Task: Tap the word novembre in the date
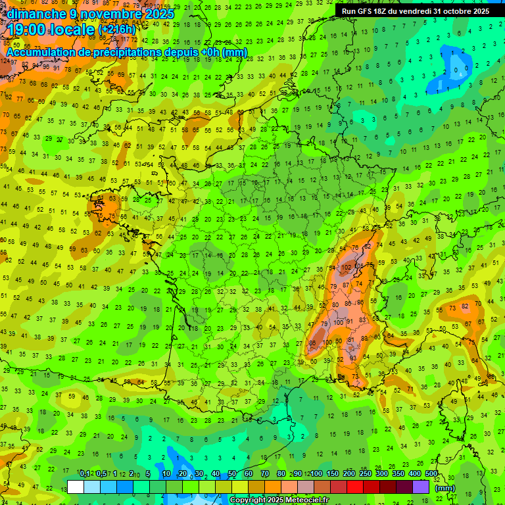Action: (x=101, y=14)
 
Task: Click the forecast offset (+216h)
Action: (x=116, y=30)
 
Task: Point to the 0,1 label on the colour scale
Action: (x=84, y=474)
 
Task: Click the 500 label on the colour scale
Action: (x=431, y=474)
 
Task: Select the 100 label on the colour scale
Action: (x=316, y=474)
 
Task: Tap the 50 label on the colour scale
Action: (x=232, y=474)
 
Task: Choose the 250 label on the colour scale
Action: (x=365, y=474)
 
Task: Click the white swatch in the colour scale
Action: (x=76, y=487)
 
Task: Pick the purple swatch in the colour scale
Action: (x=421, y=487)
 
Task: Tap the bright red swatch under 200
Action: (x=355, y=487)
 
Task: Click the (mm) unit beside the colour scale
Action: (x=445, y=488)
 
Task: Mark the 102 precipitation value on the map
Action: (x=347, y=268)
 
